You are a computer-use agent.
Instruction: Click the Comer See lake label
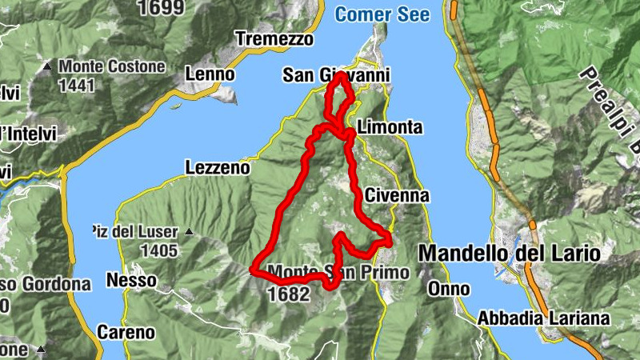[382, 14]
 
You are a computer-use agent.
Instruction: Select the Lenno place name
[210, 74]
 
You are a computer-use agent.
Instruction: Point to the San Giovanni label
[336, 75]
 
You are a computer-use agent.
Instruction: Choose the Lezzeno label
[217, 168]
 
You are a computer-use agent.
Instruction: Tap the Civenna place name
[397, 195]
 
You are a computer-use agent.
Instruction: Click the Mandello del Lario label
[509, 254]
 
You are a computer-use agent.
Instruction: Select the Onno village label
[444, 288]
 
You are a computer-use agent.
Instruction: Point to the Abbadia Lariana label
[543, 318]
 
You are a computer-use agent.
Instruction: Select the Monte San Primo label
[339, 272]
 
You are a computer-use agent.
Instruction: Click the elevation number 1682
[289, 294]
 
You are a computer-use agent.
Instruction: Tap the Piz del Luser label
[133, 232]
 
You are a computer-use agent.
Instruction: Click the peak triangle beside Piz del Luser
[190, 232]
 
